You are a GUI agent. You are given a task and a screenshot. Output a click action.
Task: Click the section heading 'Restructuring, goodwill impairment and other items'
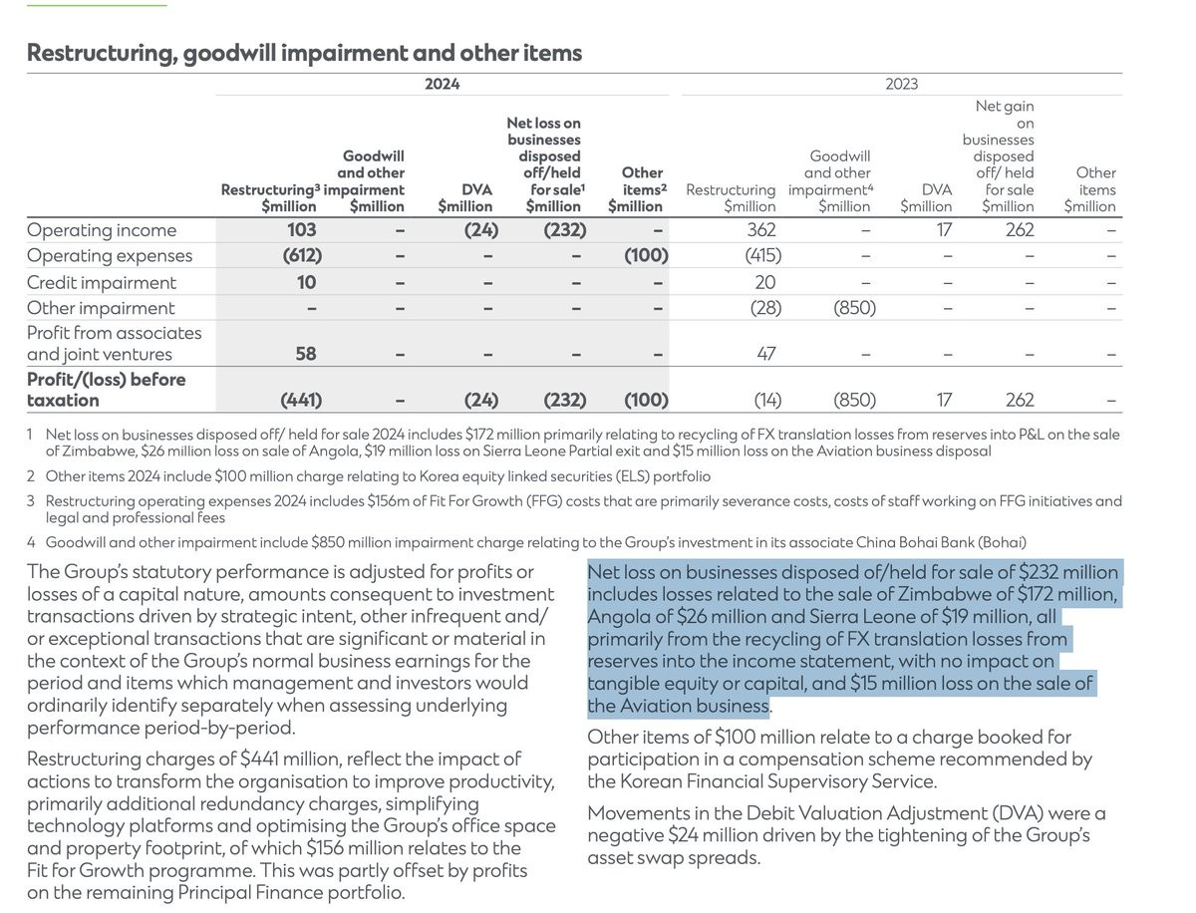(x=304, y=53)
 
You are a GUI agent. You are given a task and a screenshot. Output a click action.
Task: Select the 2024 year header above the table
(x=442, y=85)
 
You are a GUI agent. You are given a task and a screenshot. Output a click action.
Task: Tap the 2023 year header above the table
(x=901, y=85)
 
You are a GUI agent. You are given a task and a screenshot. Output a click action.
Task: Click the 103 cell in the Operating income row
(x=301, y=230)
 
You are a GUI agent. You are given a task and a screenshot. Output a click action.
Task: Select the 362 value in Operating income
(x=760, y=230)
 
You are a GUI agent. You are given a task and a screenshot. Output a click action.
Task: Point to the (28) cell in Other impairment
(x=764, y=308)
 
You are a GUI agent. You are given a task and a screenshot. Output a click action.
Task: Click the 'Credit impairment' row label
(x=102, y=282)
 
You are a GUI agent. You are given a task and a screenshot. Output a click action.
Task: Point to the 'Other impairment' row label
(x=101, y=308)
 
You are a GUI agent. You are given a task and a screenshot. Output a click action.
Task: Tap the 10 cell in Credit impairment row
(x=306, y=282)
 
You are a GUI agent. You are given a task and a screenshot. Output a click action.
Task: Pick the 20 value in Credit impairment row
(x=764, y=282)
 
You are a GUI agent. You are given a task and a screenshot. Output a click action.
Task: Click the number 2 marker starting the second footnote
(x=31, y=476)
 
